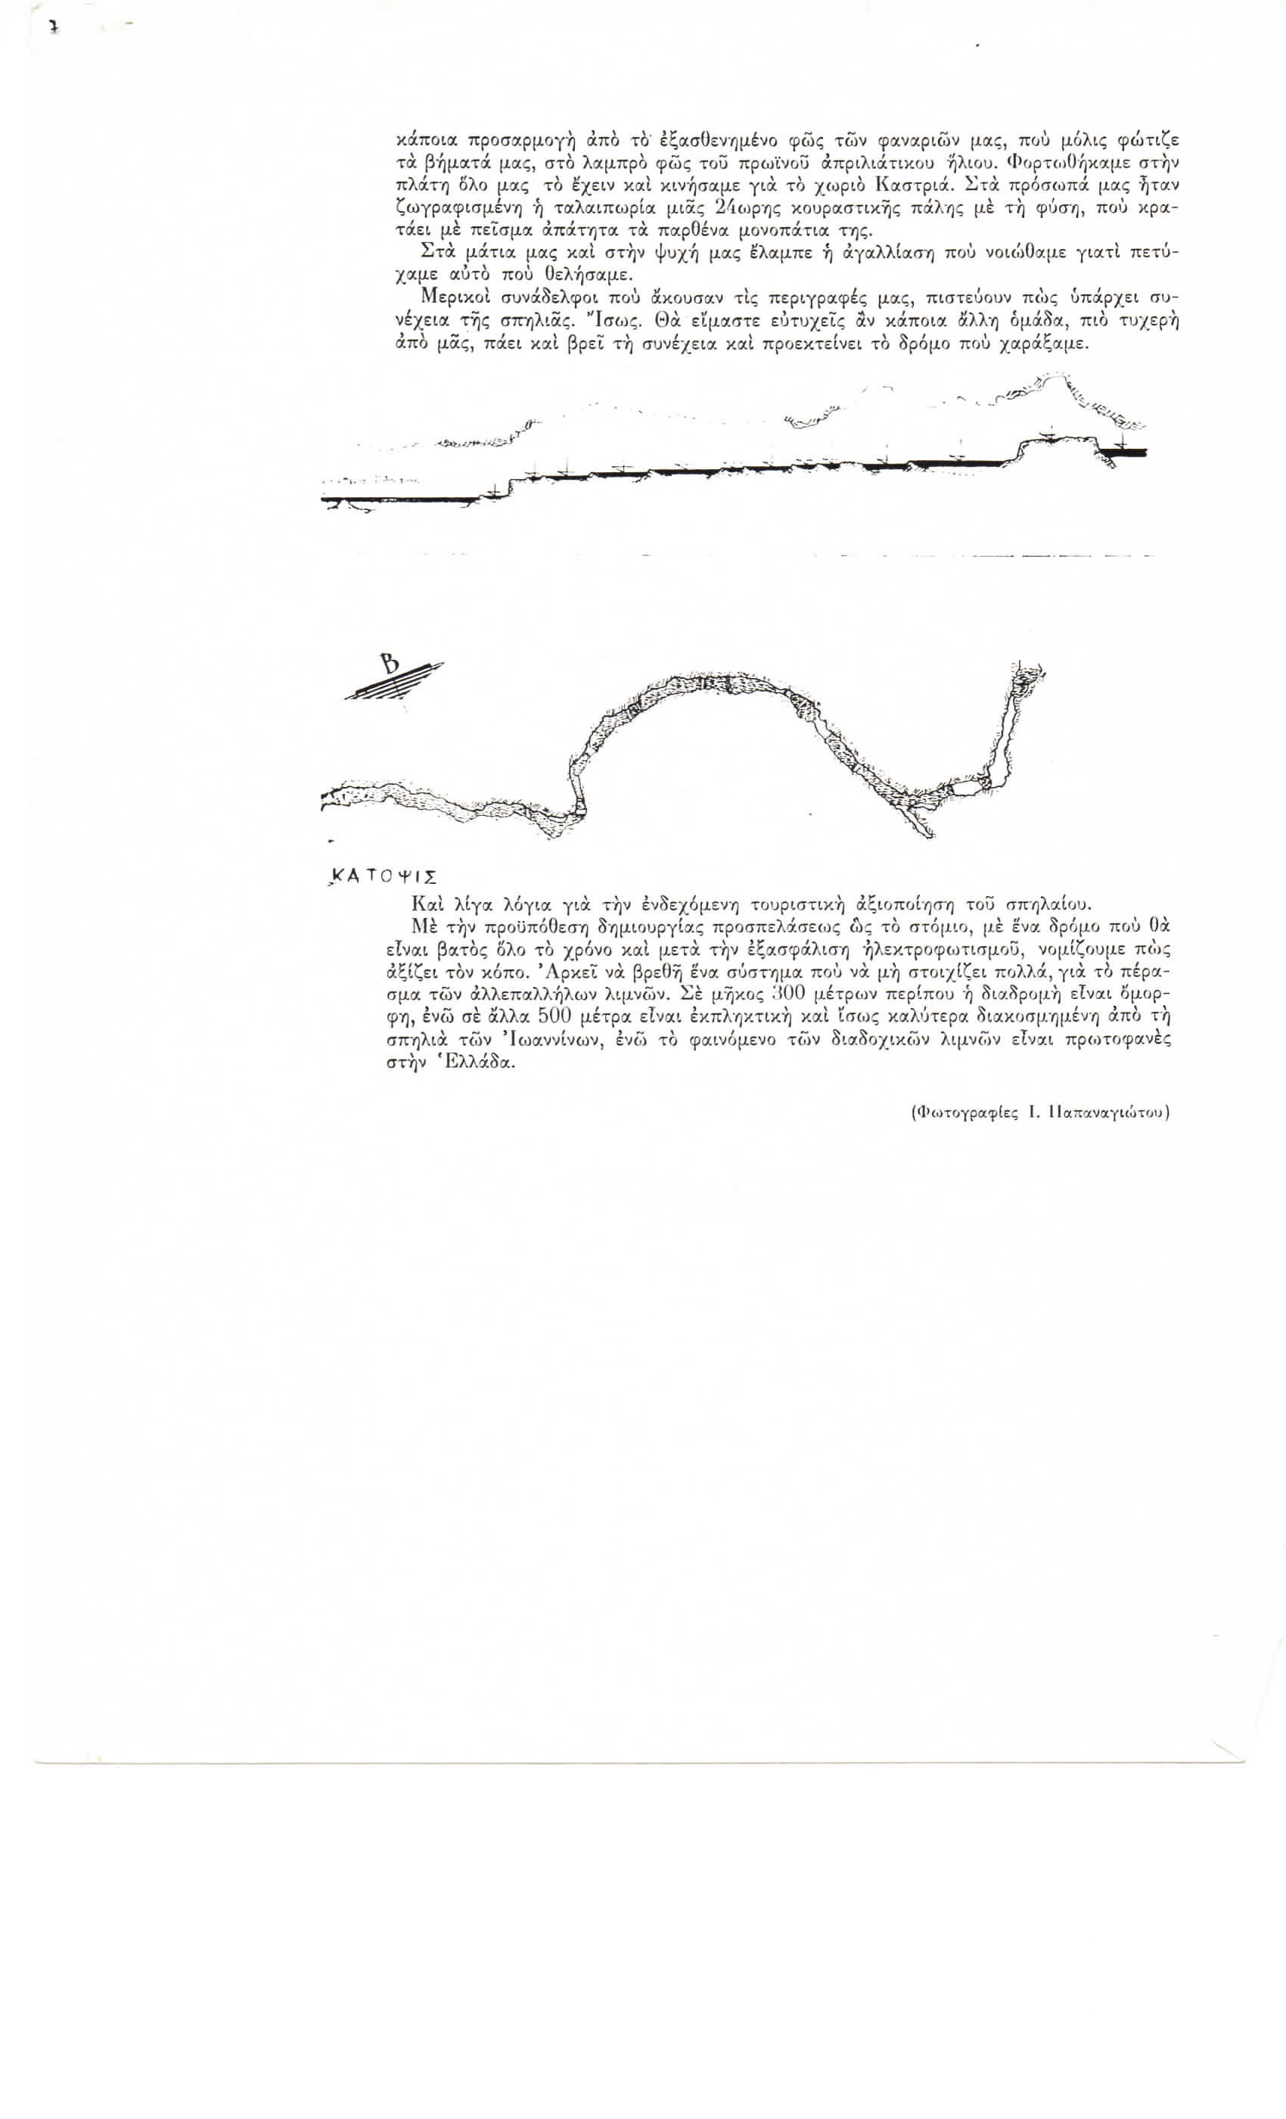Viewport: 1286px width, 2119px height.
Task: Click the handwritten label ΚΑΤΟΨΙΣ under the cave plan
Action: pos(384,877)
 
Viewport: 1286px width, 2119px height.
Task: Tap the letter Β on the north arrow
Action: pos(391,664)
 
